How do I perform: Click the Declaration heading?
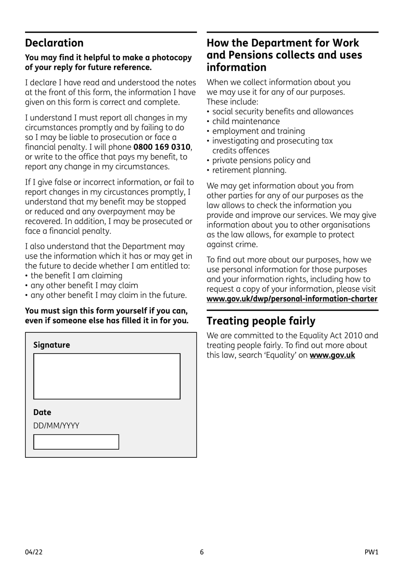click(54, 43)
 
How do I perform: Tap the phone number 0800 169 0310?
click(162, 147)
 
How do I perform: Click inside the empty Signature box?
click(107, 376)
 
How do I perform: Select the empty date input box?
click(76, 442)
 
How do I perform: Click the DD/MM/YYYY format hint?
click(56, 426)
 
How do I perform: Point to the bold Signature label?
click(51, 345)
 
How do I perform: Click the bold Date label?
click(42, 412)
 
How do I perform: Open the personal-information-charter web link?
click(292, 299)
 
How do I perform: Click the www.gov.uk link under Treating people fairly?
click(332, 355)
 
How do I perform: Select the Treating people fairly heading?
click(261, 321)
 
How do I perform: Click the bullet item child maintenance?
click(246, 121)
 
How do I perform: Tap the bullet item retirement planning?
click(249, 170)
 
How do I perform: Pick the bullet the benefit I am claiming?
click(76, 276)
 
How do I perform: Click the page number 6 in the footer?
click(202, 552)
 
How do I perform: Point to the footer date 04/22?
click(34, 552)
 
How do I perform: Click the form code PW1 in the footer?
click(371, 552)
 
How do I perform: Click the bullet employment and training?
click(258, 131)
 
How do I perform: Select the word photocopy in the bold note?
click(172, 57)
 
